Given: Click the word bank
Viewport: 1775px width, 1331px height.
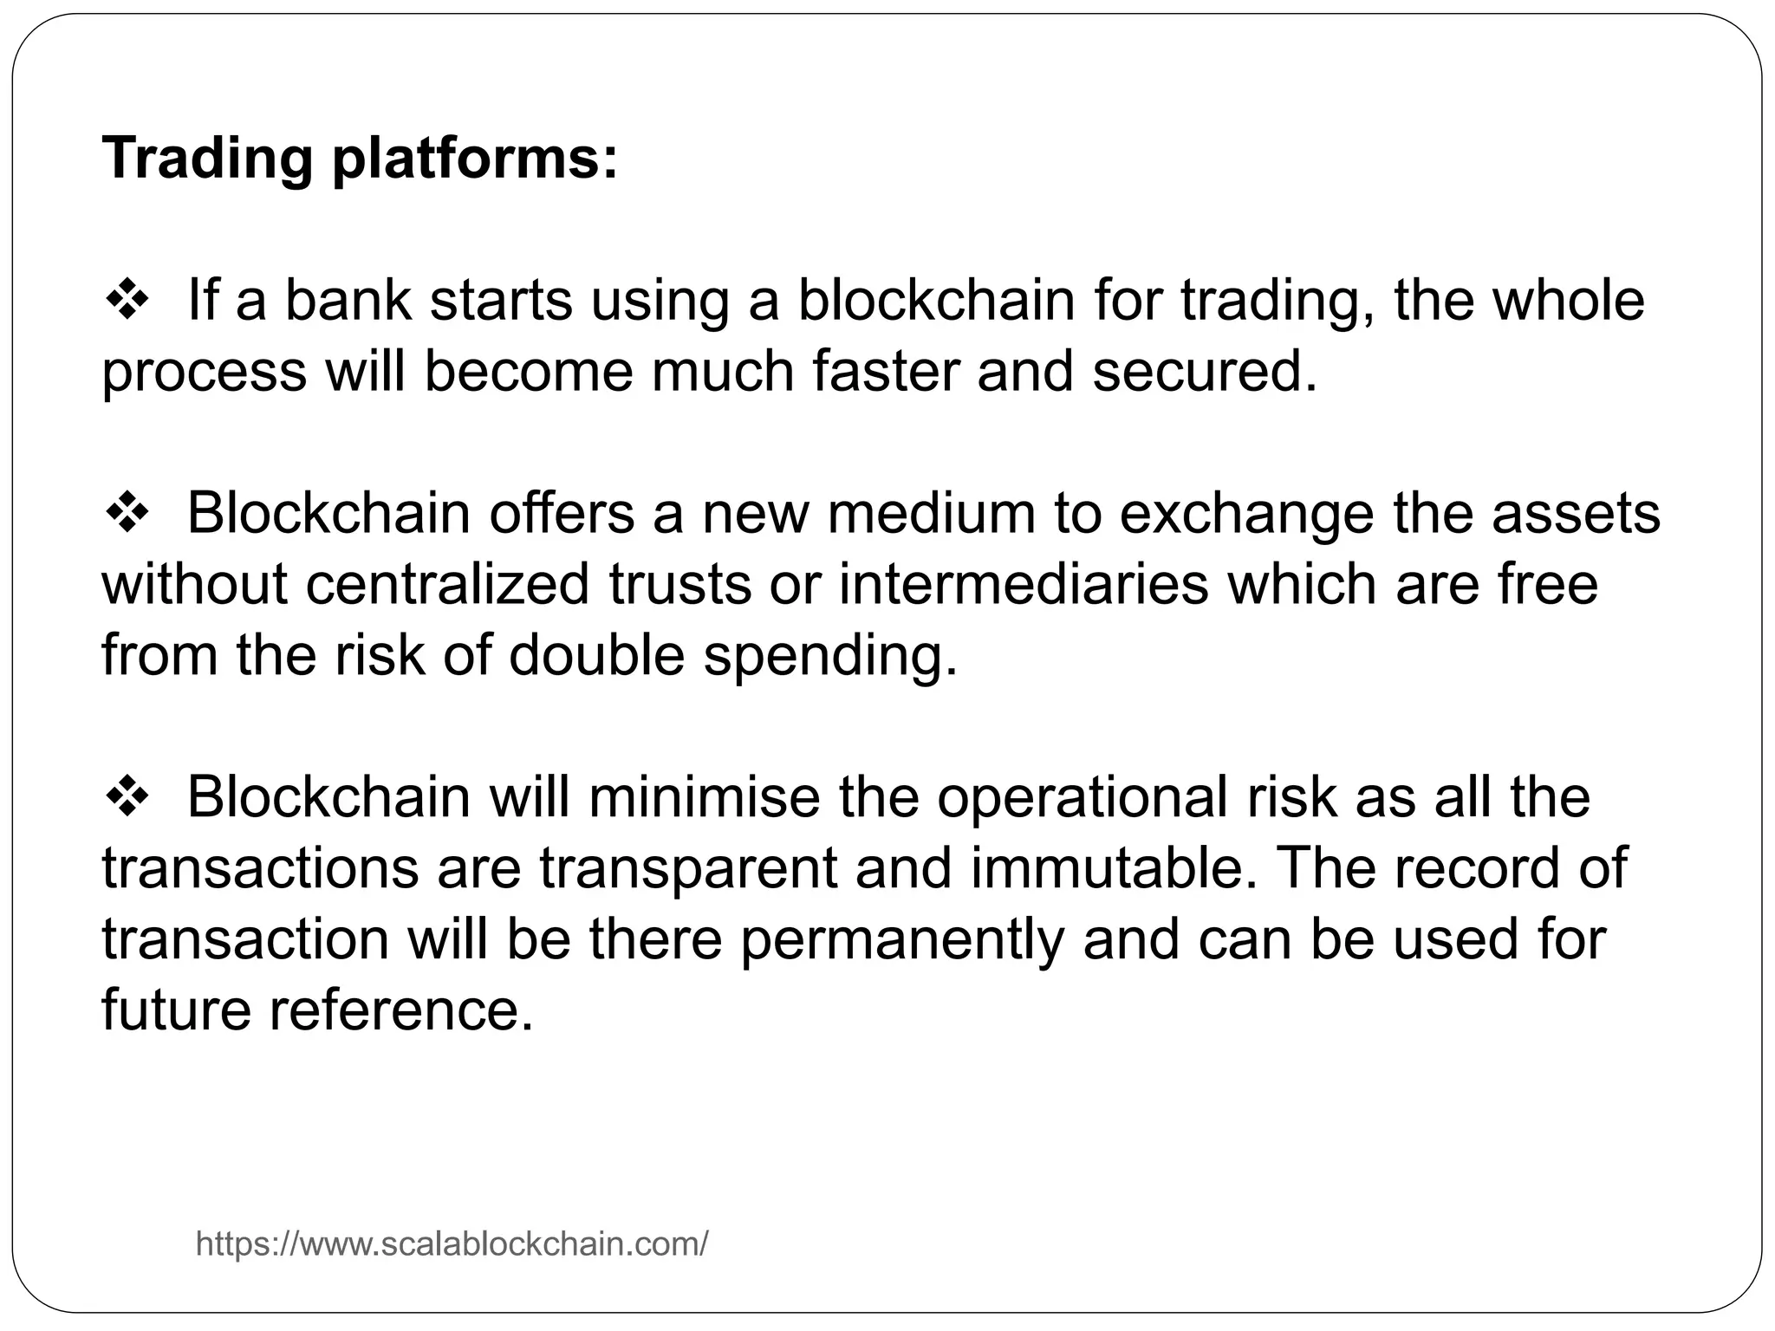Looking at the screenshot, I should [x=348, y=300].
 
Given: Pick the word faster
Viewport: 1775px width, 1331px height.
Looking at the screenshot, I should [x=886, y=371].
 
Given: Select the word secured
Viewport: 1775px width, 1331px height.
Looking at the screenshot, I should [x=1204, y=371].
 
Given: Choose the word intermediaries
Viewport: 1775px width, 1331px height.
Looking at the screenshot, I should [x=1024, y=584].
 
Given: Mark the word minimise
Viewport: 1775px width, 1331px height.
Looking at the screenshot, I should [x=704, y=796].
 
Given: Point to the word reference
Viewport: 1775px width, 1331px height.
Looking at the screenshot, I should [x=400, y=1010].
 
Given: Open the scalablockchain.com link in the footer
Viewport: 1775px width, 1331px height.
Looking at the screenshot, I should [x=452, y=1244].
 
